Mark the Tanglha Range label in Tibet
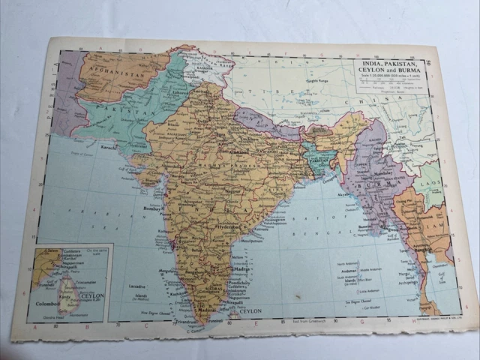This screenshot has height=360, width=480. coord(313,80)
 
